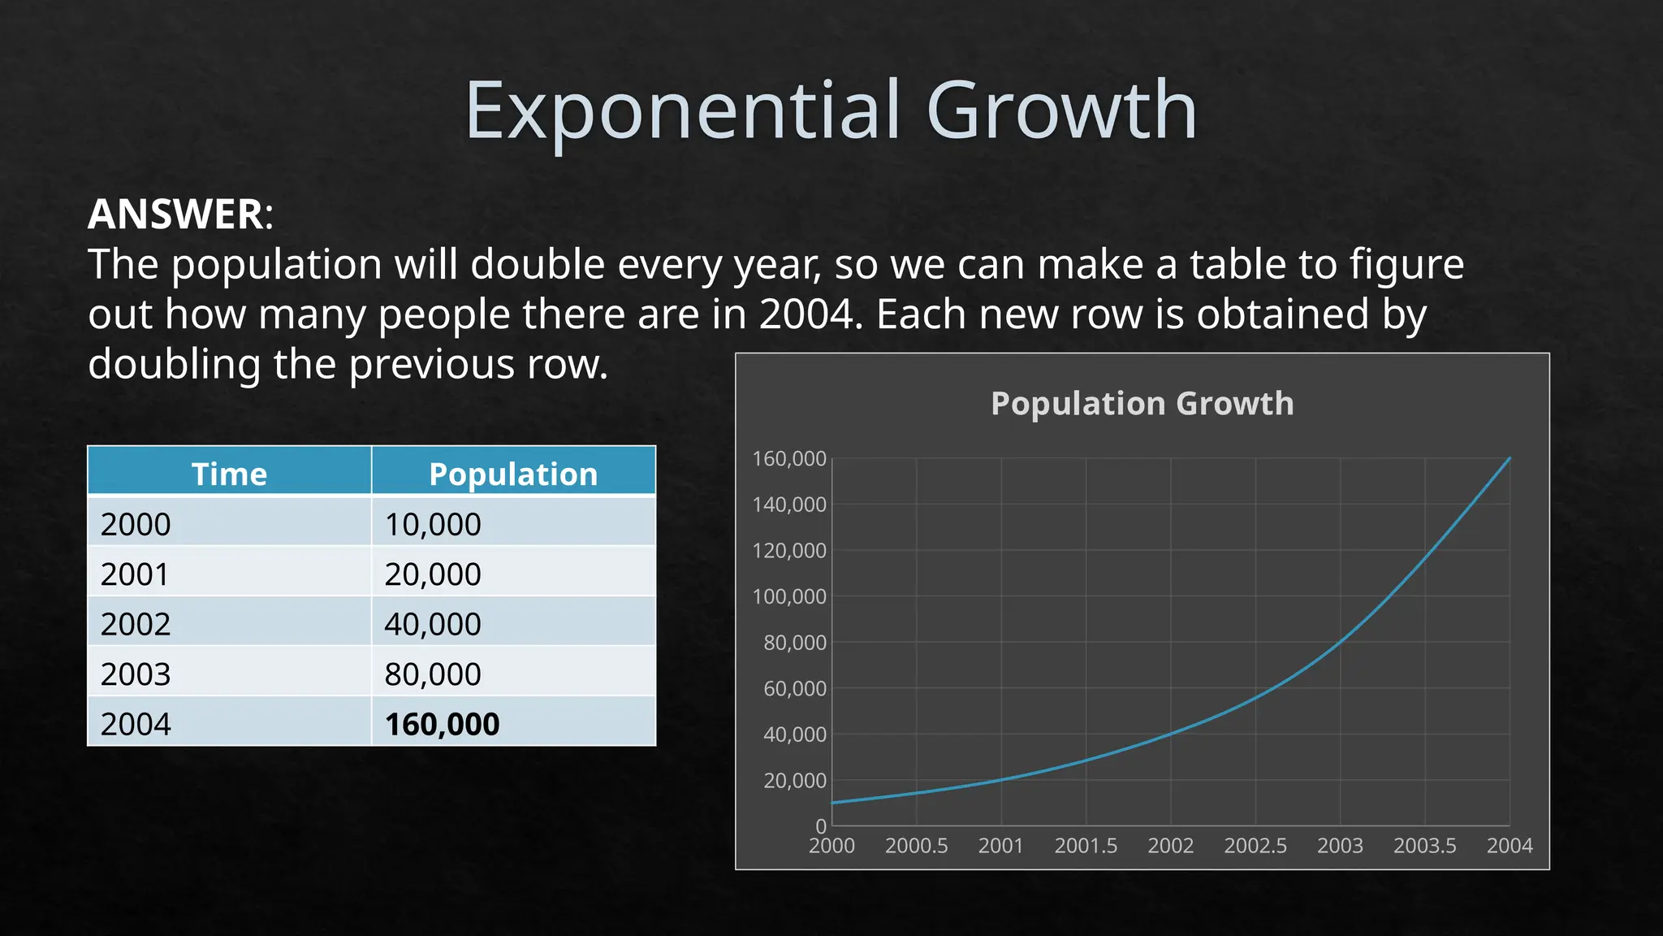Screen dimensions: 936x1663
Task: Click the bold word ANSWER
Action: [x=175, y=214]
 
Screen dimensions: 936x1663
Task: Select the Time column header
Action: [x=229, y=474]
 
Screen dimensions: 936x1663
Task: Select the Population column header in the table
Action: [x=513, y=474]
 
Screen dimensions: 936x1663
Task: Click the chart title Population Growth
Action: [x=1142, y=403]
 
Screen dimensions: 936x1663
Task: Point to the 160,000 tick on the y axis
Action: [x=788, y=459]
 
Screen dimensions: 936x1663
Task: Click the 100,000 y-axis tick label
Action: [x=788, y=596]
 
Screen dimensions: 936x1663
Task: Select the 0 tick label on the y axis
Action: [x=821, y=826]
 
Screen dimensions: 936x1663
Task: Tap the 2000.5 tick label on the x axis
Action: [x=916, y=846]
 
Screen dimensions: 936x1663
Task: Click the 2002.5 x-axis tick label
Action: [x=1255, y=846]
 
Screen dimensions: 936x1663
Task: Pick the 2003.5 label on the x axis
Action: [x=1424, y=846]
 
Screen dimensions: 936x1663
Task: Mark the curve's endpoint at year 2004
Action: [x=1510, y=458]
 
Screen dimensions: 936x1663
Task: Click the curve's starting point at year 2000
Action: [x=832, y=803]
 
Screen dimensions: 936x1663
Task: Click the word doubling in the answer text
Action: [x=174, y=364]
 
